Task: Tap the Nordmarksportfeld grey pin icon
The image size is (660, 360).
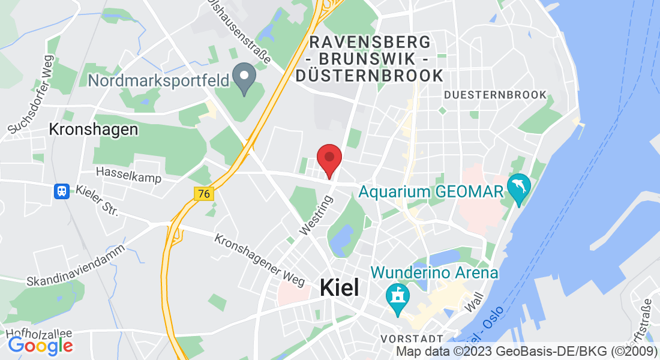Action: click(245, 79)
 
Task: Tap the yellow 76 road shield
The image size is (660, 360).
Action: click(204, 194)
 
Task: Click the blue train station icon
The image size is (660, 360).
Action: click(61, 191)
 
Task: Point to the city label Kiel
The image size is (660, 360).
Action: click(340, 288)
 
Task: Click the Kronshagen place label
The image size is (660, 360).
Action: click(93, 130)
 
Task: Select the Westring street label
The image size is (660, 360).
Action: click(316, 214)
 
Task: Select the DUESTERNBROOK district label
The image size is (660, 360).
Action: click(496, 95)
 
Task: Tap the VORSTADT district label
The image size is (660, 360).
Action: click(412, 339)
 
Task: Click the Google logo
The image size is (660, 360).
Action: click(40, 346)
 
